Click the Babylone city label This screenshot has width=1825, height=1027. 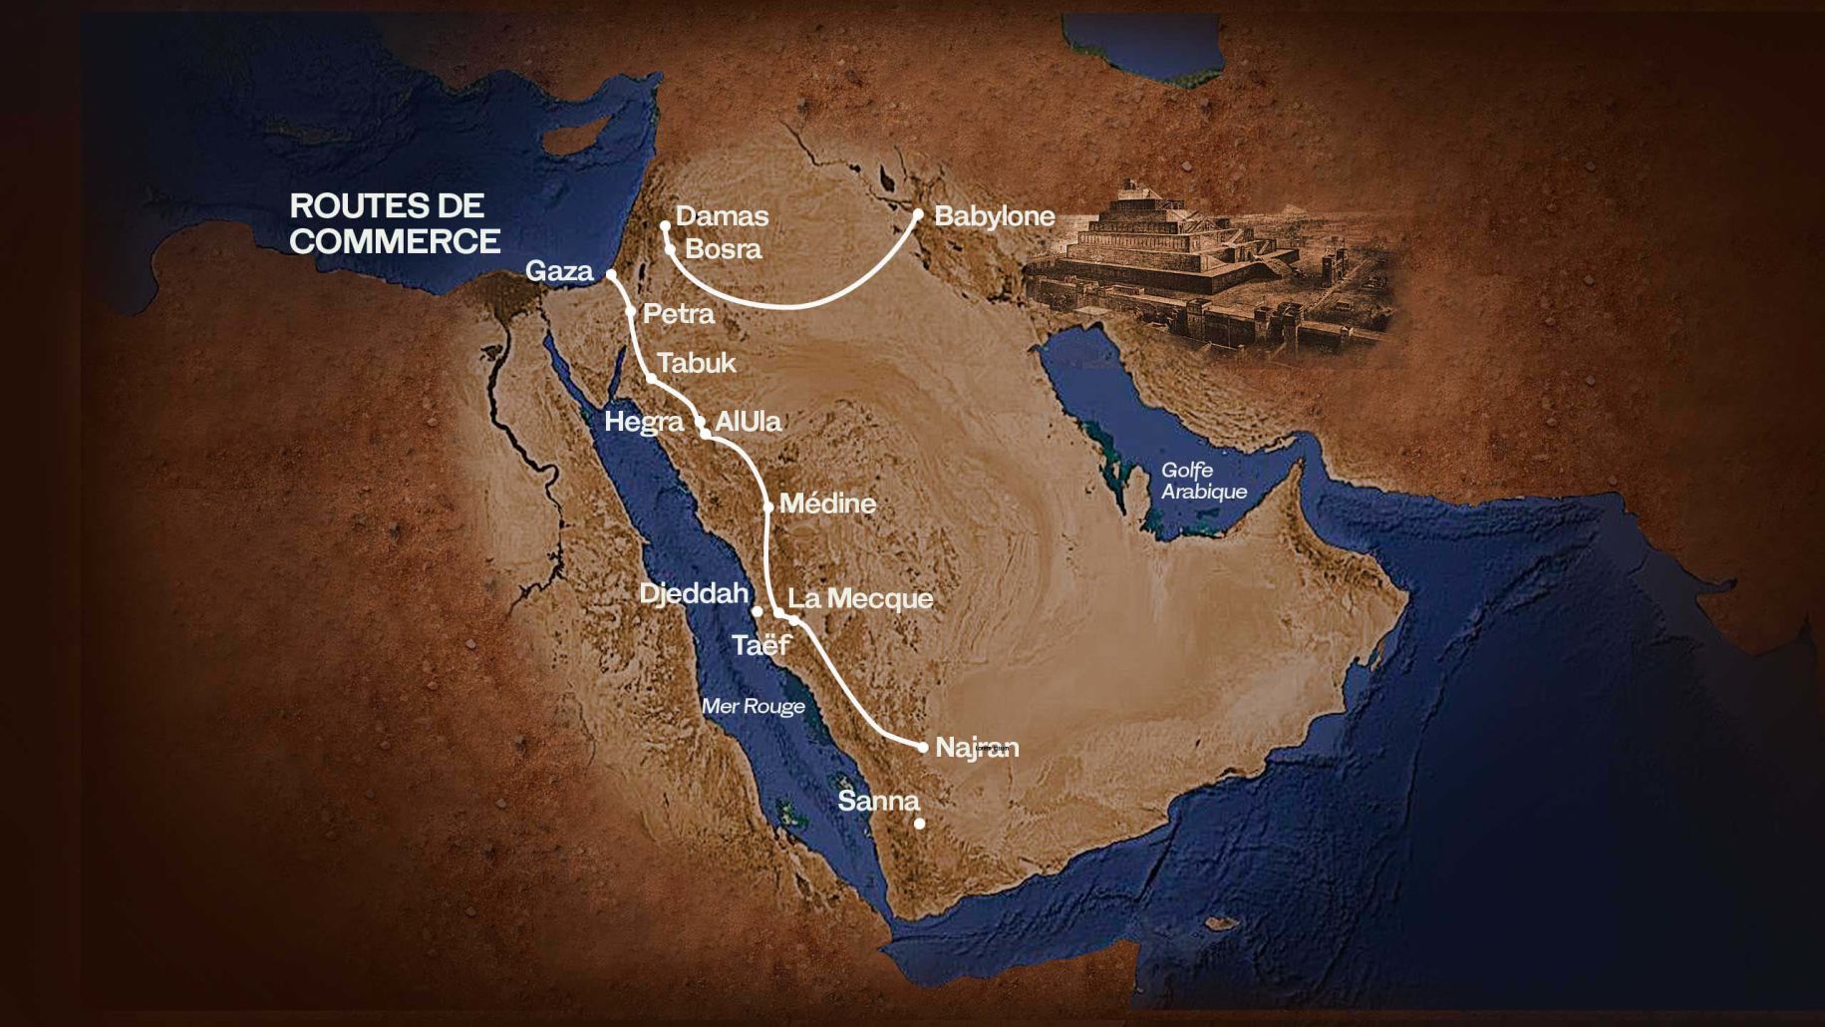pyautogui.click(x=994, y=216)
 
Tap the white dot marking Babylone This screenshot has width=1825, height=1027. pyautogui.click(x=918, y=213)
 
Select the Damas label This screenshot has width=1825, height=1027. pyautogui.click(x=722, y=216)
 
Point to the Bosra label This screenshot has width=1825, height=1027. pyautogui.click(x=723, y=248)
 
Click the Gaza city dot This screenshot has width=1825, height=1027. pyautogui.click(x=611, y=273)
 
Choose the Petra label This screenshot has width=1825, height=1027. pyautogui.click(x=678, y=314)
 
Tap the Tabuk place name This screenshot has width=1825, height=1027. pyautogui.click(x=697, y=363)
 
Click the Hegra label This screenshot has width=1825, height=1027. pyautogui.click(x=644, y=422)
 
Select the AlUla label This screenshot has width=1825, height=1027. pyautogui.click(x=748, y=421)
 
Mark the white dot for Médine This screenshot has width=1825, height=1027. pyautogui.click(x=768, y=507)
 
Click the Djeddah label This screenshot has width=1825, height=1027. pyautogui.click(x=693, y=594)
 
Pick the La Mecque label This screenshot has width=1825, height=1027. pyautogui.click(x=860, y=598)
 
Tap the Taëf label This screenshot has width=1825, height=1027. pyautogui.click(x=761, y=645)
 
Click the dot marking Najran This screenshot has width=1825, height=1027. pyautogui.click(x=923, y=747)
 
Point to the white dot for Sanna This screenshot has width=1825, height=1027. pyautogui.click(x=920, y=824)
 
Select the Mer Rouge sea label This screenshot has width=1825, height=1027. pyautogui.click(x=753, y=707)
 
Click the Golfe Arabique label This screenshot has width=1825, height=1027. pyautogui.click(x=1203, y=481)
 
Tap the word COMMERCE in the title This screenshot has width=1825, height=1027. pyautogui.click(x=395, y=241)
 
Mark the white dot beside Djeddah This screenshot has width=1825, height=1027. pyautogui.click(x=758, y=610)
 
